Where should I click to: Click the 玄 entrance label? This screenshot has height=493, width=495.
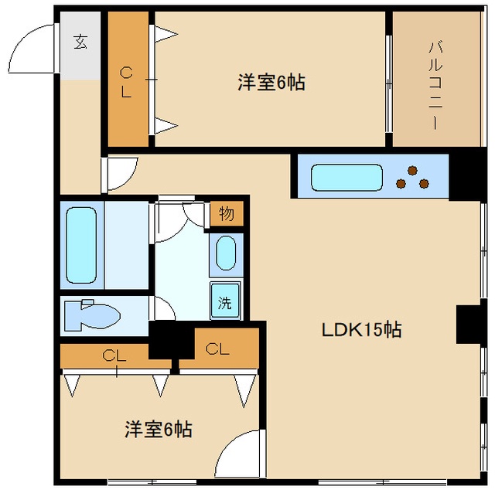[x=80, y=42]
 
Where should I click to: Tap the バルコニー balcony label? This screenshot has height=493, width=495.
[x=435, y=86]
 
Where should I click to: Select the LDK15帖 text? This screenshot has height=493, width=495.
[x=361, y=330]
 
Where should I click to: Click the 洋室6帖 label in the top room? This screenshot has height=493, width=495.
[x=271, y=83]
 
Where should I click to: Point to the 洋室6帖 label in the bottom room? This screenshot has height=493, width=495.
[x=159, y=430]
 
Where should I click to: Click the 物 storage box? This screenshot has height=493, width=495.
[x=227, y=214]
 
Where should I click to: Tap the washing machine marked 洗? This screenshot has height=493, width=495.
[x=225, y=301]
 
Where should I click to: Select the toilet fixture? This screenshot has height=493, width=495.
[x=92, y=314]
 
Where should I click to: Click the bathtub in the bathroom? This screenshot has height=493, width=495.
[x=81, y=245]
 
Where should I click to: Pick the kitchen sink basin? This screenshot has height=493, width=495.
[x=346, y=178]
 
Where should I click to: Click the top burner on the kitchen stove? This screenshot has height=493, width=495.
[x=412, y=171]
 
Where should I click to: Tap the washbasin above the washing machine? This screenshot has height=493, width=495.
[x=226, y=253]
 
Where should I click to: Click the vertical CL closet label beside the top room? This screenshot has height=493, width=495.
[x=126, y=83]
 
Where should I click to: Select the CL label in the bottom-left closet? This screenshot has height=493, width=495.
[x=114, y=355]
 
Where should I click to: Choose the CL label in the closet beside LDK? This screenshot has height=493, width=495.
[x=217, y=349]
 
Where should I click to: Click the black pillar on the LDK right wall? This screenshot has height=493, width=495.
[x=468, y=324]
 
